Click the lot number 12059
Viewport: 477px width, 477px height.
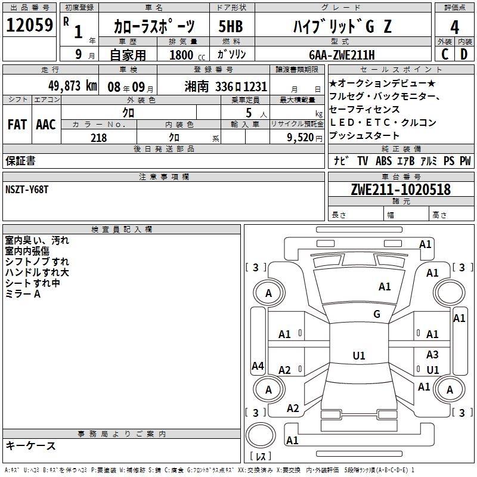coord(29,26)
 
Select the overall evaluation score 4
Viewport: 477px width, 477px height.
coord(454,27)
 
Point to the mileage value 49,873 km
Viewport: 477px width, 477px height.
coord(70,86)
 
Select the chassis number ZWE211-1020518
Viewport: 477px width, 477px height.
coord(401,190)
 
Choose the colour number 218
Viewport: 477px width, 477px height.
coord(99,138)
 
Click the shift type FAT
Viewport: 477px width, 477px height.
coord(17,125)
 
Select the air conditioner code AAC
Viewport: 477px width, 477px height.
coord(46,125)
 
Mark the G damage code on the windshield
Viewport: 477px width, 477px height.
coord(377,314)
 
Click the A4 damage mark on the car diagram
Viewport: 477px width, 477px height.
coord(258,366)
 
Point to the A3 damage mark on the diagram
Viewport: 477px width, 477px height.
coord(432,355)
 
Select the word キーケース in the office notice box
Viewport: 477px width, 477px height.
coord(30,445)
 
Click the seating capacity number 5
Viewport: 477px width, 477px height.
coord(247,113)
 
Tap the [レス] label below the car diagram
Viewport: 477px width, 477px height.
coord(260,456)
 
